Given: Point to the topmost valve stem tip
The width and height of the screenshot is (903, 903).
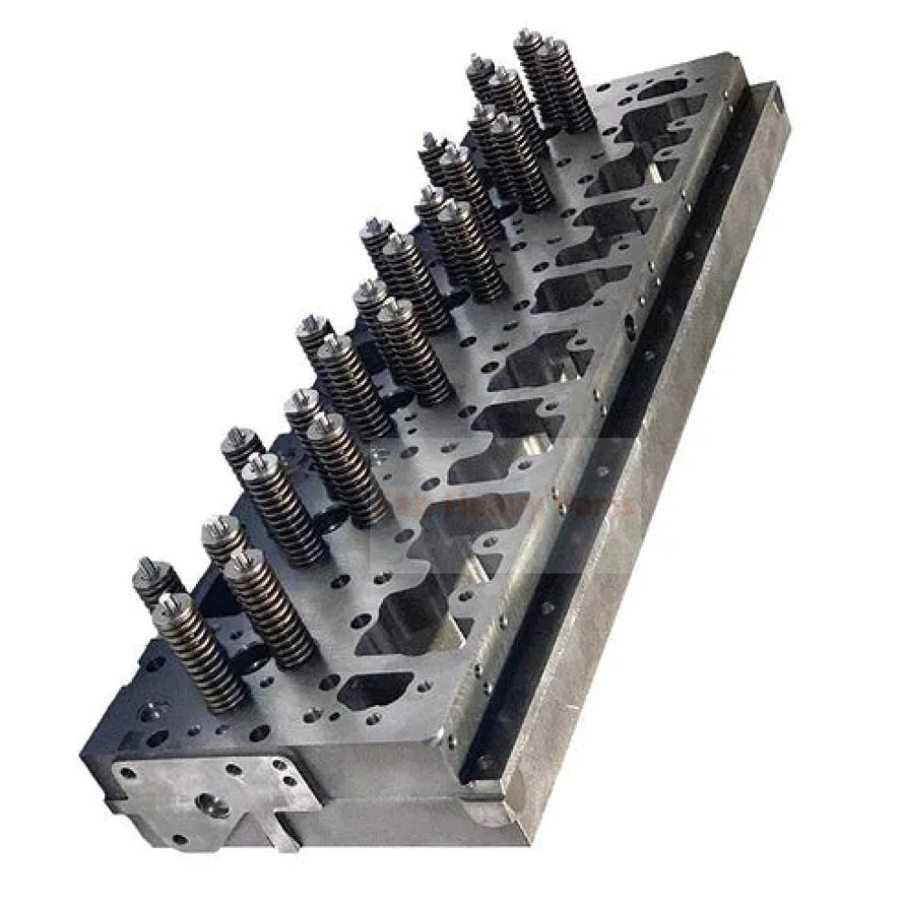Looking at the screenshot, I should (x=524, y=36).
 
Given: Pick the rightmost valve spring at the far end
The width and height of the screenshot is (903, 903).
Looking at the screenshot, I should (x=567, y=86).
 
